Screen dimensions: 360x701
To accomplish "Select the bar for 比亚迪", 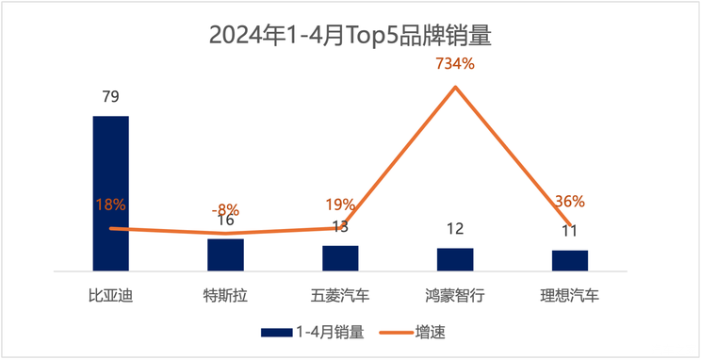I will (110, 193).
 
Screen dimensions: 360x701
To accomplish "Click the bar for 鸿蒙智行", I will (455, 259).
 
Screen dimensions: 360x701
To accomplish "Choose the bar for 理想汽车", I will (570, 260).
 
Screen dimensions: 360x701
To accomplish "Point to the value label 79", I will (110, 96).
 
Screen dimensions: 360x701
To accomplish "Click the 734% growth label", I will (455, 64).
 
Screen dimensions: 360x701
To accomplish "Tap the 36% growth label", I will (570, 201).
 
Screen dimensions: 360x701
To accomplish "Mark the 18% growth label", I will (110, 204).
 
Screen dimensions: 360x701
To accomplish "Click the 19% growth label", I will (340, 204).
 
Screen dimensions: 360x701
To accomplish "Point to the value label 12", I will (455, 229).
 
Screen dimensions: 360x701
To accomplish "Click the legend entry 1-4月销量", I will (312, 331).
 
